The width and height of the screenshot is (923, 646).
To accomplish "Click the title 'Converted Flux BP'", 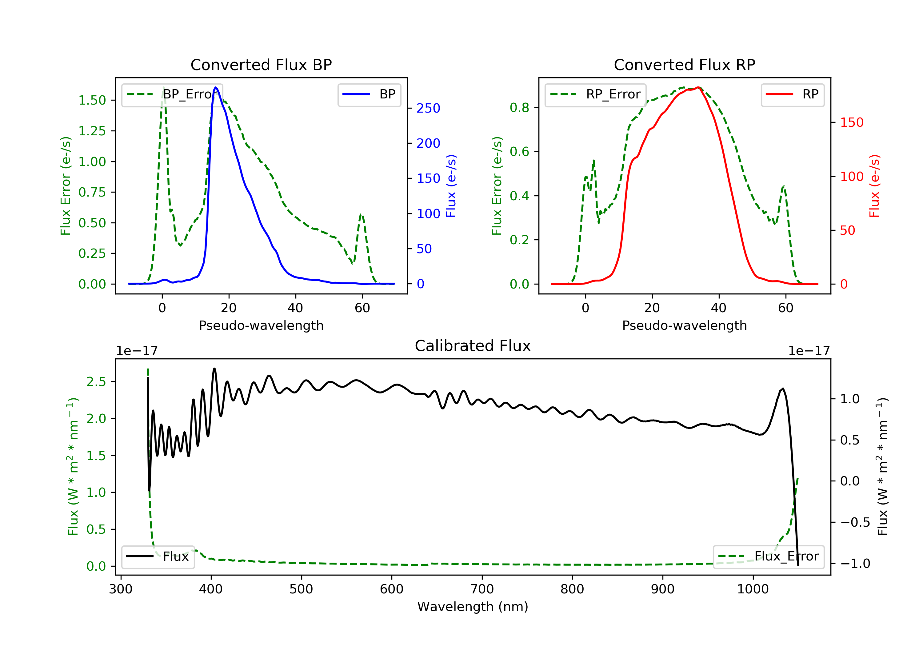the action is pyautogui.click(x=261, y=65).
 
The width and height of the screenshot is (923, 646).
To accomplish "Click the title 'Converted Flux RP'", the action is pyautogui.click(x=684, y=65).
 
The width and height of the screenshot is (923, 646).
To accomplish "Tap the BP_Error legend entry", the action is pyautogui.click(x=172, y=94).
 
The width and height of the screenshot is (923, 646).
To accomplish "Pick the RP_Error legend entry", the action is pyautogui.click(x=595, y=94).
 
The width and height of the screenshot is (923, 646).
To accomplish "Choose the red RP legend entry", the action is pyautogui.click(x=792, y=94).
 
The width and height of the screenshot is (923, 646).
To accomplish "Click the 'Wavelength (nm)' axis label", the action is pyautogui.click(x=473, y=607).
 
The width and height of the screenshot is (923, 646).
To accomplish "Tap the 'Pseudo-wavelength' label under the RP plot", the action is pyautogui.click(x=684, y=325).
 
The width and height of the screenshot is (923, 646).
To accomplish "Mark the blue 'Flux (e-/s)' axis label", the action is pyautogui.click(x=451, y=186).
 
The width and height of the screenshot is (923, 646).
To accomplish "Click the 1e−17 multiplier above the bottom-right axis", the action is pyautogui.click(x=809, y=351).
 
